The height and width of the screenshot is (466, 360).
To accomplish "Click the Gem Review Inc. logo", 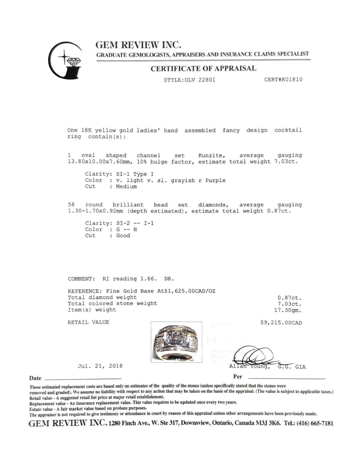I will point(65,60).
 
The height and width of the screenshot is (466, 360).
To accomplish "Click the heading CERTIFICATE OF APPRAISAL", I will point(203,69).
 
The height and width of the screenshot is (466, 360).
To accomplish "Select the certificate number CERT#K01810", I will point(283,79).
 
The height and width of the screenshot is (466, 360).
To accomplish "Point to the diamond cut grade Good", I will point(123,236).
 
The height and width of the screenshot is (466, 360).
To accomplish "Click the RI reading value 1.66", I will point(148,279).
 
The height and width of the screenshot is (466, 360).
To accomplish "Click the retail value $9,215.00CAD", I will point(281,323).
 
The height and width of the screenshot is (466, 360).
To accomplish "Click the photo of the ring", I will point(176,342).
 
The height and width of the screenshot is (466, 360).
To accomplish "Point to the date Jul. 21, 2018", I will point(100,366).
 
